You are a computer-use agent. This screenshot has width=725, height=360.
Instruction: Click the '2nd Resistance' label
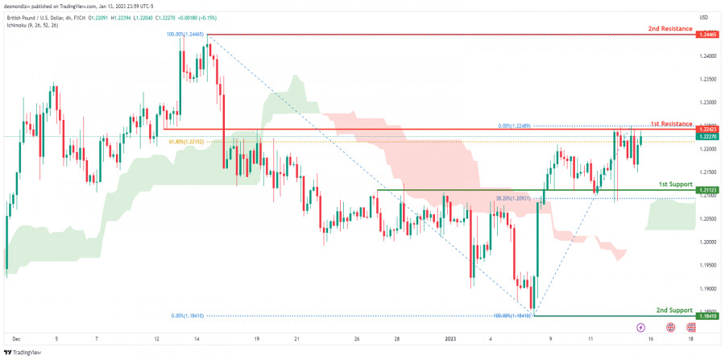[x=669, y=29]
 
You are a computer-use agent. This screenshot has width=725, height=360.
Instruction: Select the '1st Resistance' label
[x=671, y=123]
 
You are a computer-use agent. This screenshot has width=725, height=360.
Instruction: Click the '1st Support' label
[x=675, y=184]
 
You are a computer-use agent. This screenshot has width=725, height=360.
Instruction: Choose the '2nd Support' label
[x=673, y=310]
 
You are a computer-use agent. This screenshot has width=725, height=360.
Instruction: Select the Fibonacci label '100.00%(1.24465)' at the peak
[x=185, y=35]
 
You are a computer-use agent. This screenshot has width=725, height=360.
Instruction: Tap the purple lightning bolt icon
[x=640, y=328]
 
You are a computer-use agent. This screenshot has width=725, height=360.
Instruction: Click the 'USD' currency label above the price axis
[x=703, y=18]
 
